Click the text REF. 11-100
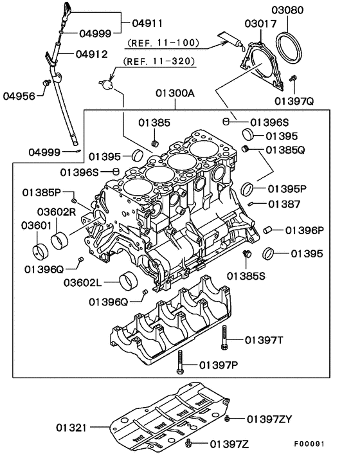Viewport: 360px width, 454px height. [163, 43]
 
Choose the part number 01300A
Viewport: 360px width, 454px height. [175, 93]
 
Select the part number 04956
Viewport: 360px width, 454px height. [19, 96]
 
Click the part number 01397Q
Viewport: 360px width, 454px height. [295, 101]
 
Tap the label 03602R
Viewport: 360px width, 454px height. [57, 211]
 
